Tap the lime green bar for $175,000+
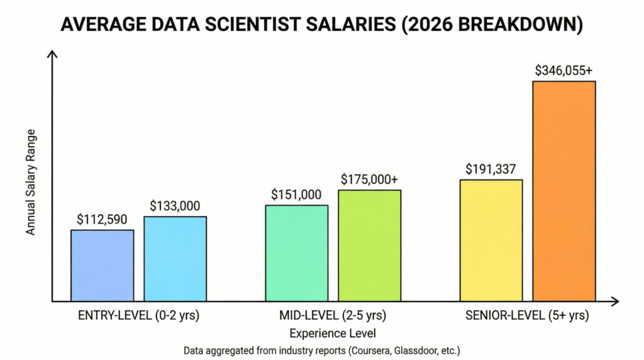(x=370, y=245)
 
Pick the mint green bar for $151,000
(x=297, y=252)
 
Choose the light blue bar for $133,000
(x=175, y=258)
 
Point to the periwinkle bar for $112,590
(x=103, y=265)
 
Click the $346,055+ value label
(x=563, y=70)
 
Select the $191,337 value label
(x=491, y=169)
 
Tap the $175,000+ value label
(x=370, y=179)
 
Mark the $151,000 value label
(x=297, y=194)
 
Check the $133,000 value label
(x=175, y=206)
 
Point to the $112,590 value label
(x=103, y=219)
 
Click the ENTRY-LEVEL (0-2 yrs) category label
(x=138, y=315)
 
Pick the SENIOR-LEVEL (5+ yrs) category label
(x=527, y=315)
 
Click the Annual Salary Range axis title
(x=30, y=183)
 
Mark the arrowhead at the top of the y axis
(x=52, y=55)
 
